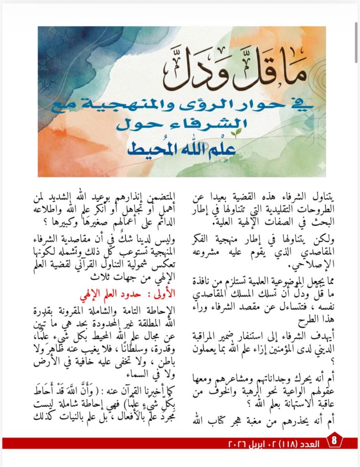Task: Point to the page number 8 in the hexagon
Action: point(334,441)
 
